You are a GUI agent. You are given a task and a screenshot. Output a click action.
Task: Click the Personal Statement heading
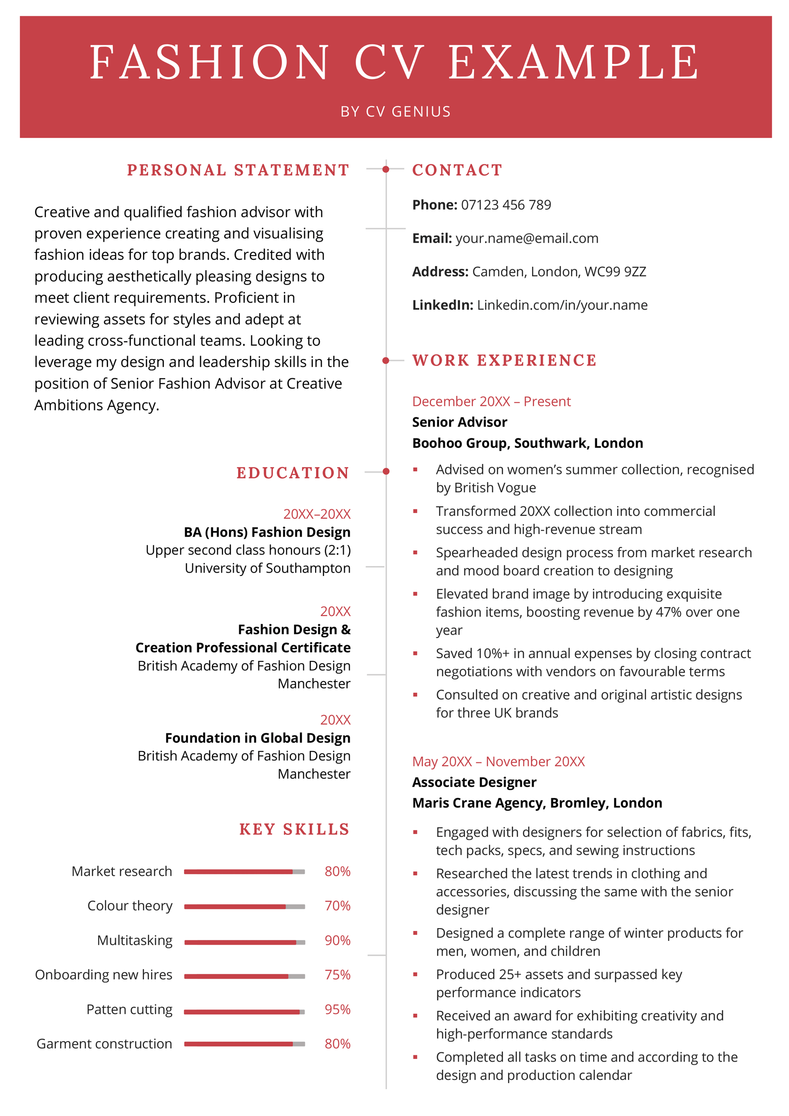[x=238, y=170]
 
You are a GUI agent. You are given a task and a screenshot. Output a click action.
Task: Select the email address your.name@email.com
[x=527, y=238]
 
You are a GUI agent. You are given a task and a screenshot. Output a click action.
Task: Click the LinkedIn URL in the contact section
[x=562, y=305]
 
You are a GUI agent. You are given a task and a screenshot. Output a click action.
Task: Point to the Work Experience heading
[x=504, y=360]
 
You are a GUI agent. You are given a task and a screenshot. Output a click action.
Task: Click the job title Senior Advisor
[x=459, y=422]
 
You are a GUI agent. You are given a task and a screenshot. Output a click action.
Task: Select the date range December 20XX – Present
[x=491, y=401]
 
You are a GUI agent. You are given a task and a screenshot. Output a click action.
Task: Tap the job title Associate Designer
[x=474, y=782]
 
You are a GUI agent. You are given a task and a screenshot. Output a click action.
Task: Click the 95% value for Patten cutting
[x=337, y=1009]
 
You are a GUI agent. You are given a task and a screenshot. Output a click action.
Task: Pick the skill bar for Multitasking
[x=245, y=942]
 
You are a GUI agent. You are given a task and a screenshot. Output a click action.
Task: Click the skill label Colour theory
[x=130, y=906]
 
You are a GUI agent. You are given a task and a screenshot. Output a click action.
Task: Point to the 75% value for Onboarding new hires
[x=337, y=975]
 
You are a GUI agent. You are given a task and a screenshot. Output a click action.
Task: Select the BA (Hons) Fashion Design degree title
[x=267, y=532]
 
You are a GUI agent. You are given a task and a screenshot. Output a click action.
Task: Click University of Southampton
[x=267, y=568]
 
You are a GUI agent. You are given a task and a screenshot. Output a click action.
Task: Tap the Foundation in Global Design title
[x=257, y=738]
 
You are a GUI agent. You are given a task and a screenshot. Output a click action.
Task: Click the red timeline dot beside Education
[x=386, y=471]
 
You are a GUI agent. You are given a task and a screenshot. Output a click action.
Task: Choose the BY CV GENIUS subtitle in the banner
[x=395, y=111]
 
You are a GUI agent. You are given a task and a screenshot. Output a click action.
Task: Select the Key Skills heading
[x=294, y=829]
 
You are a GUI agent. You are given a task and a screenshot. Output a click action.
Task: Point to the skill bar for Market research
[x=245, y=872]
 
